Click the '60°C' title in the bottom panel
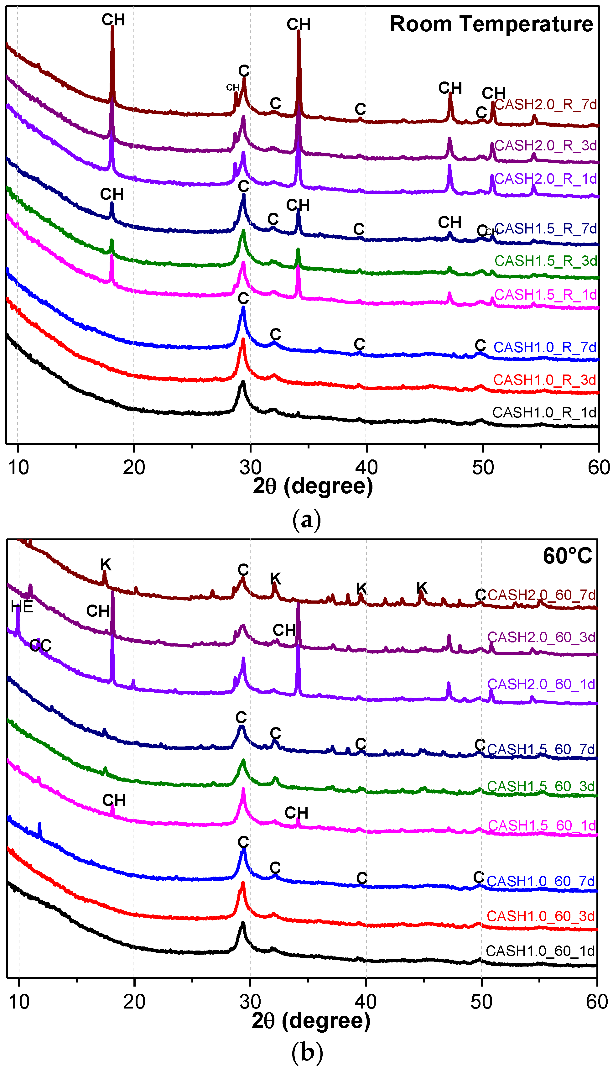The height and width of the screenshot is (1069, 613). pos(567,556)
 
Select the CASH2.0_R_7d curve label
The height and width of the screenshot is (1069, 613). pos(545,104)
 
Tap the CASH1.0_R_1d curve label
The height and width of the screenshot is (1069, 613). pos(544,413)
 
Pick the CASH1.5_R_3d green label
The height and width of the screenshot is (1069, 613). pos(546,261)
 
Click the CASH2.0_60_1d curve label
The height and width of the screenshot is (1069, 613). pos(541,684)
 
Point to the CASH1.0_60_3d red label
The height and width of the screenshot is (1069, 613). pos(541,916)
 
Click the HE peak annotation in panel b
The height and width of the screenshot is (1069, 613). pos(22,607)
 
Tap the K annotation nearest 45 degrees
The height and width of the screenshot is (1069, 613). pos(422,588)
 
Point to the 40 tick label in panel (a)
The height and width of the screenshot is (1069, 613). pos(366,468)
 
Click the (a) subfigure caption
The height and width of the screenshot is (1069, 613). pos(306,519)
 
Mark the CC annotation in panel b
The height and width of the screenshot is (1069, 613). pos(40,645)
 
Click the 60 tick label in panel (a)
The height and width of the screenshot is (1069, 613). pos(598,468)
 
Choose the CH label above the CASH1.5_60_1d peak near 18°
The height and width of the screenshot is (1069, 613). pos(114,800)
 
